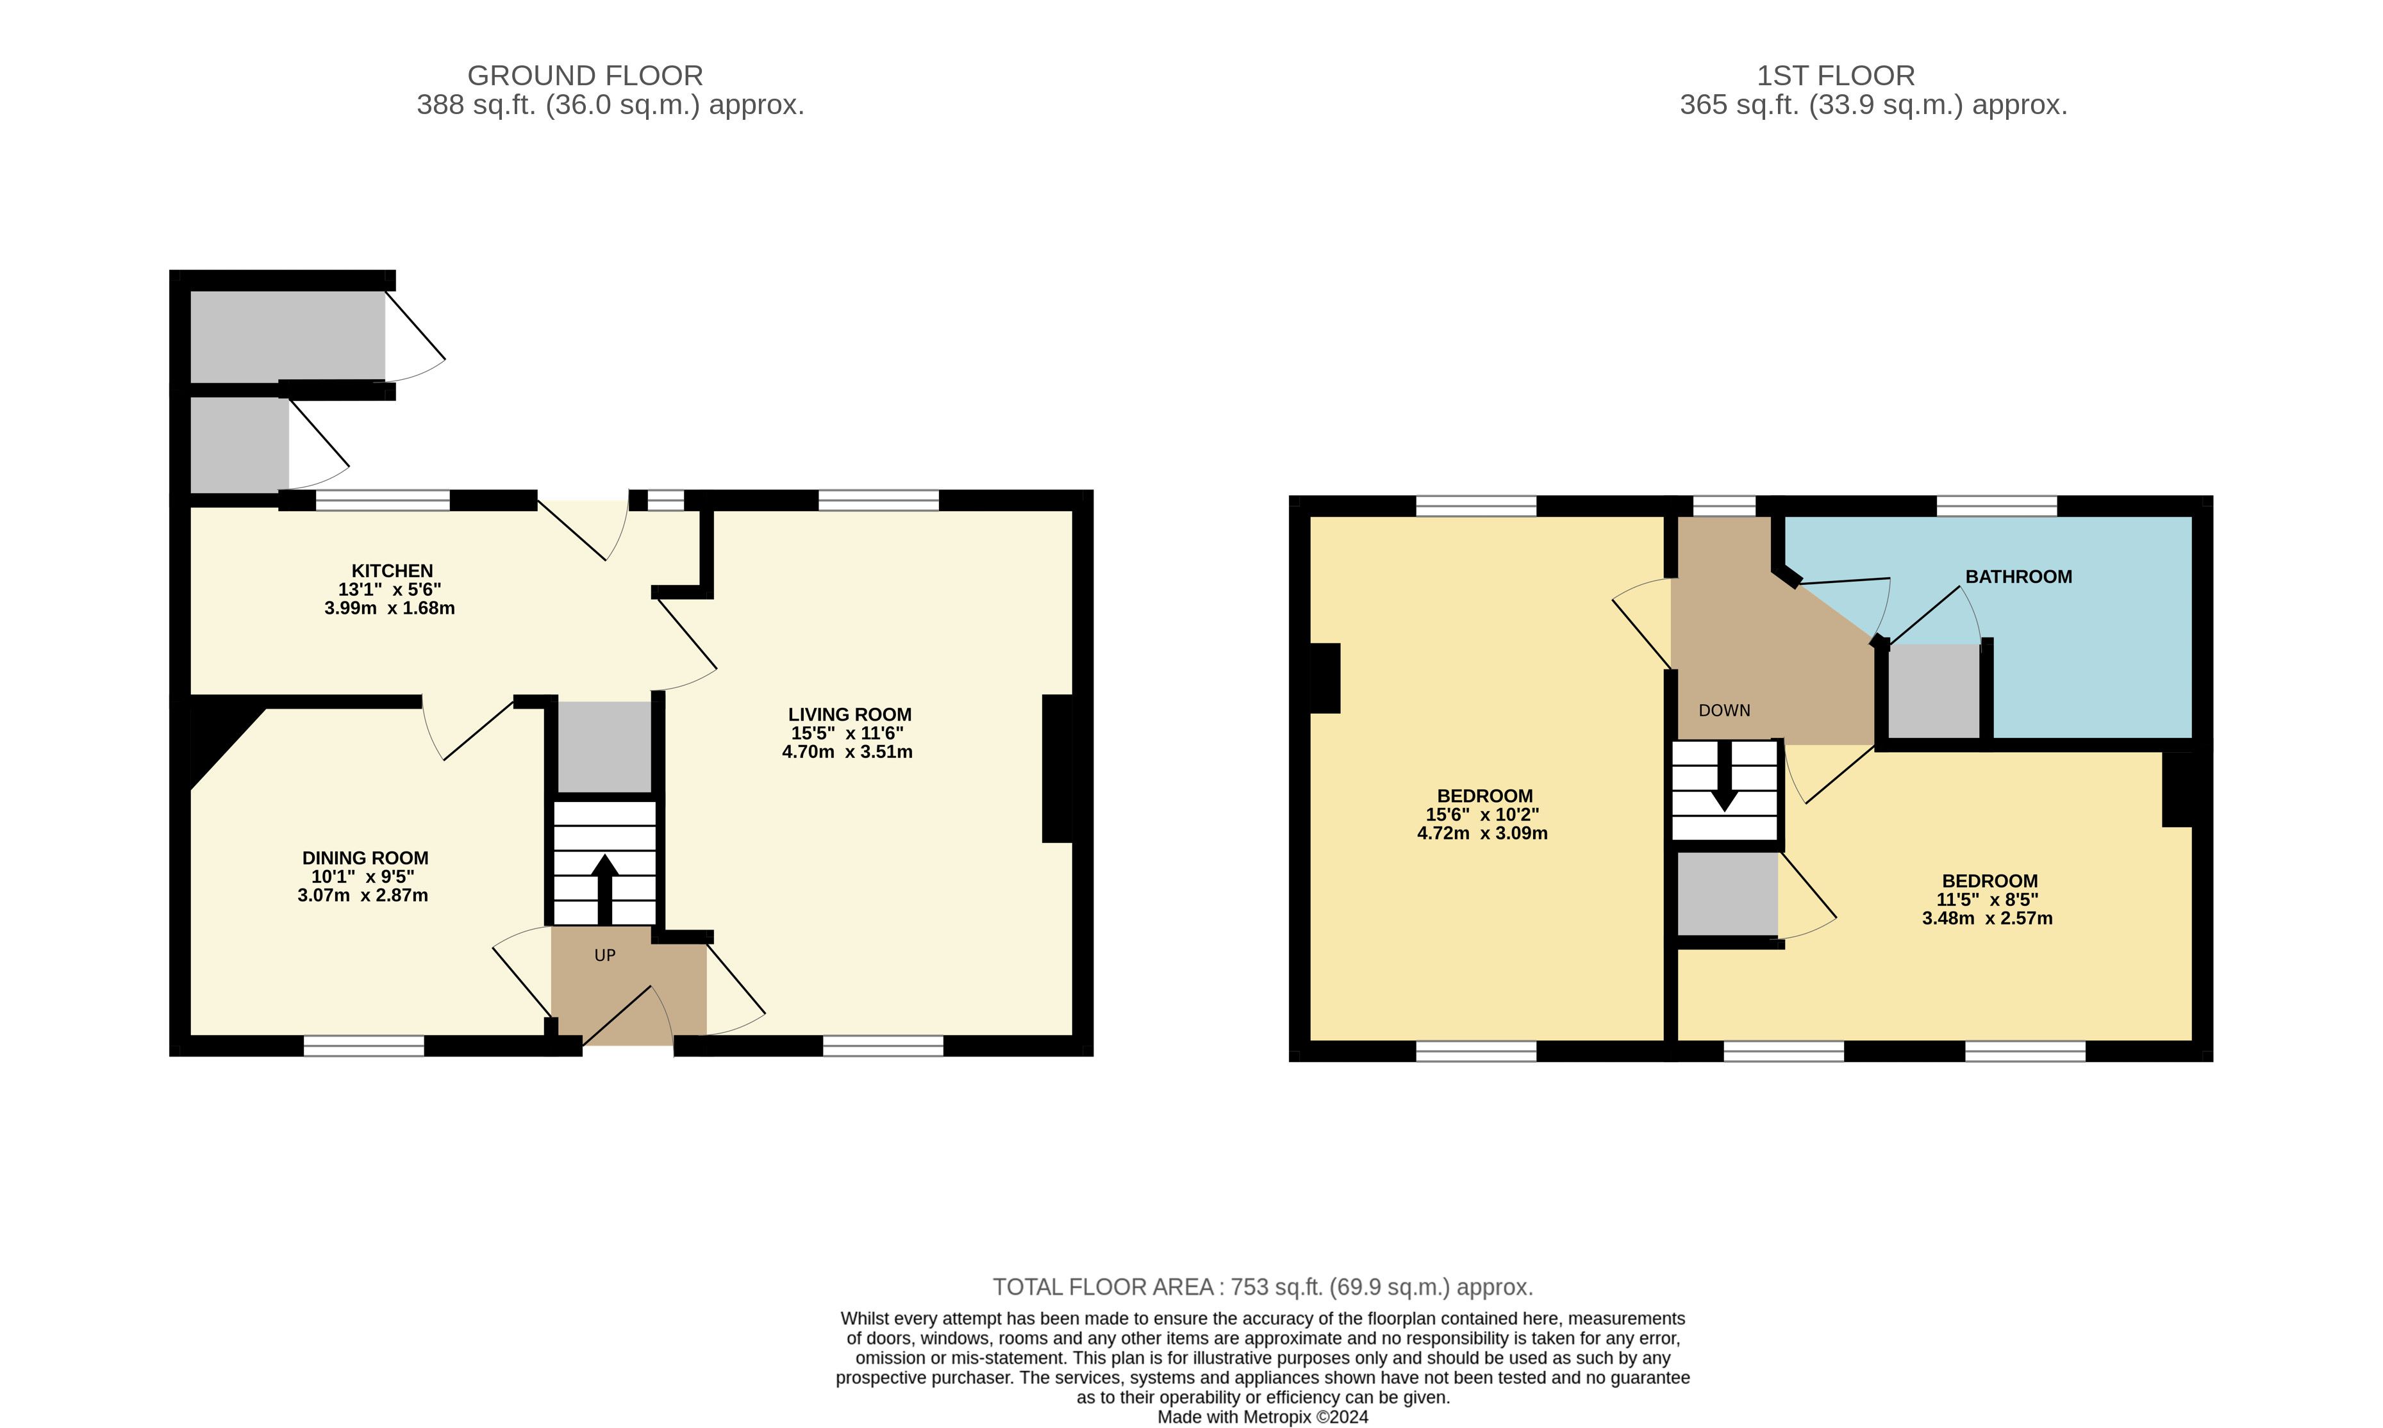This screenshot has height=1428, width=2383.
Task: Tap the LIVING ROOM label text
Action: pos(849,714)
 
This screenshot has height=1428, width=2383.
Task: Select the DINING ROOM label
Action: pos(365,857)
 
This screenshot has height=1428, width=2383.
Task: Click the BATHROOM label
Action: pos(2018,577)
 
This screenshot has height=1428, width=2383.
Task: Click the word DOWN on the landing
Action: pos(1723,710)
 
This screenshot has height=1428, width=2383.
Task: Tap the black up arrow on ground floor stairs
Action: pos(604,889)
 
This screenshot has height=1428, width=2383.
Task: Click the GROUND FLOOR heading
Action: pos(585,75)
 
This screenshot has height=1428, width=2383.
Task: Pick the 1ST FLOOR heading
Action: pos(1836,75)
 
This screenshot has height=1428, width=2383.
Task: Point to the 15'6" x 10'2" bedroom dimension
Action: pos(1482,814)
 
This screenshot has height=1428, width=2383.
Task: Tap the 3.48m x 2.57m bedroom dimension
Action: pos(1988,918)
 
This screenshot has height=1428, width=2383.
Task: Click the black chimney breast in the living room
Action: pos(1057,768)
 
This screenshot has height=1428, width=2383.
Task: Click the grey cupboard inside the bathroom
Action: pos(1934,690)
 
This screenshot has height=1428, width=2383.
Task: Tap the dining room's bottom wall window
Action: pos(364,1046)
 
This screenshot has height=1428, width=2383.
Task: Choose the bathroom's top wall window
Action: pos(1996,505)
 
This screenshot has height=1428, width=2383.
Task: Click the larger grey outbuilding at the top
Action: pos(288,336)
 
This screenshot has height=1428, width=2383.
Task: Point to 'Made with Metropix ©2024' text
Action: pos(1263,1416)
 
